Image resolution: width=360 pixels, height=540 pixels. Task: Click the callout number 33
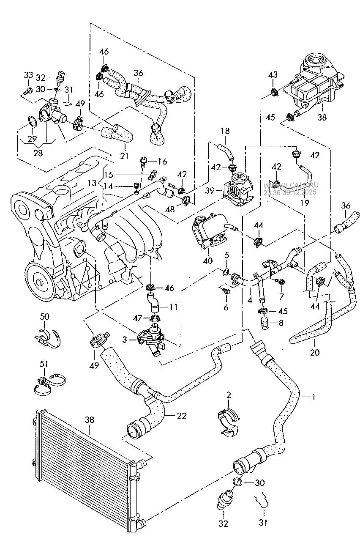tap(28, 75)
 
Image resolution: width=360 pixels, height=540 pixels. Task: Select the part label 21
tap(124, 156)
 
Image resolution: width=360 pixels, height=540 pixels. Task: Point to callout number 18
tap(224, 131)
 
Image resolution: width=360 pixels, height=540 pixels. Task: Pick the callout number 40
tap(207, 261)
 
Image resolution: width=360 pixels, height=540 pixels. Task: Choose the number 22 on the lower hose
tap(181, 416)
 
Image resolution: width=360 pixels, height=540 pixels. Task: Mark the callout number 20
tap(314, 352)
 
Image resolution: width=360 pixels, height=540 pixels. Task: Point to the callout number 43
tap(273, 75)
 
